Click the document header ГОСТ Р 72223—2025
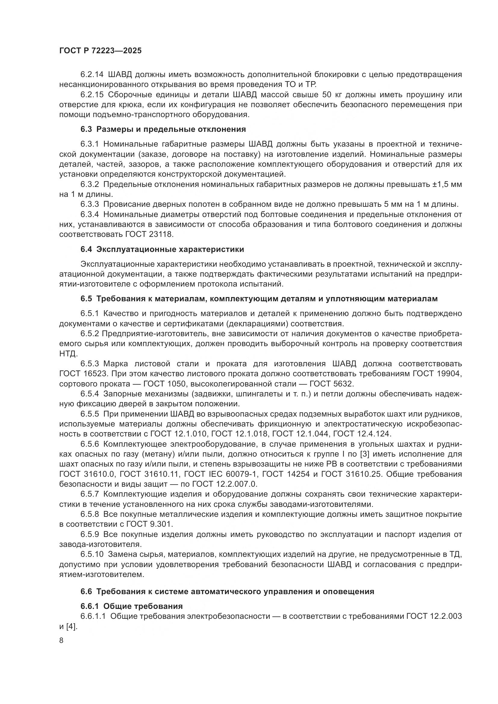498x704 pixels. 100,51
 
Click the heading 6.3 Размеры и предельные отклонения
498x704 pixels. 163,129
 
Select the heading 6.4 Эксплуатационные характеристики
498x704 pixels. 162,249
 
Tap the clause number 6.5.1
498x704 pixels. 90,313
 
